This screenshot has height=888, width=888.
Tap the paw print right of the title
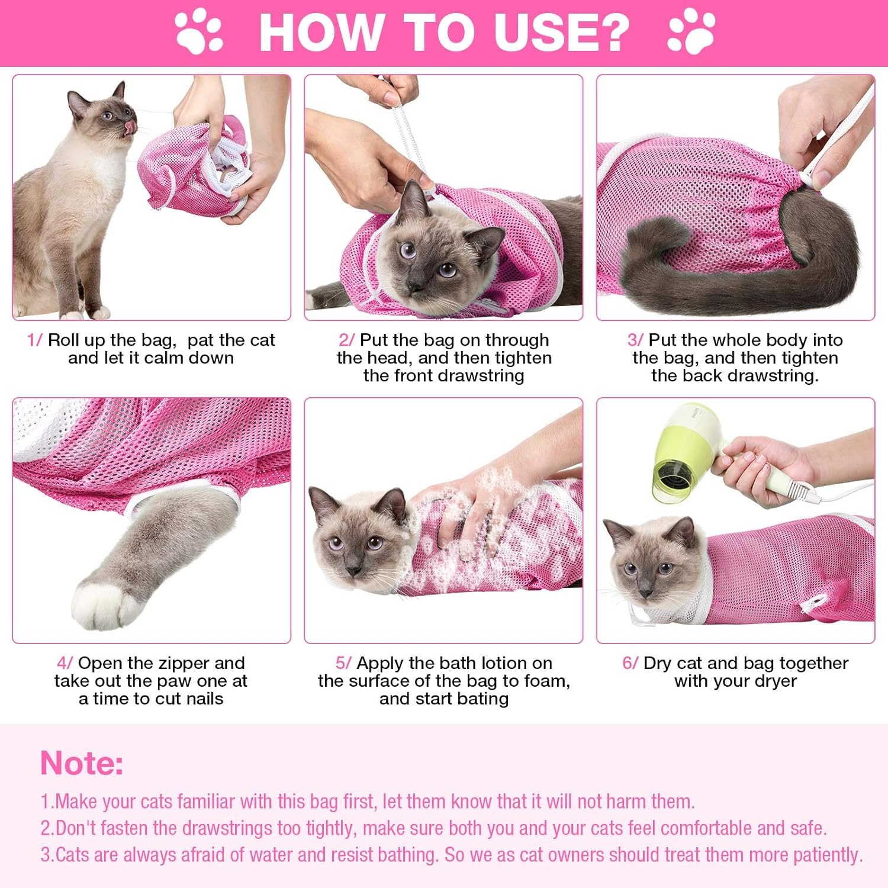point(691,31)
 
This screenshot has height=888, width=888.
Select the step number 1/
point(34,340)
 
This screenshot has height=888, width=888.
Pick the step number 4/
point(65,663)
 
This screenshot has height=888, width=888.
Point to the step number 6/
point(630,663)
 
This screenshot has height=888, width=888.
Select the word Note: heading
point(82,762)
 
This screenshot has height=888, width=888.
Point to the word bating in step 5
point(481,699)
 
